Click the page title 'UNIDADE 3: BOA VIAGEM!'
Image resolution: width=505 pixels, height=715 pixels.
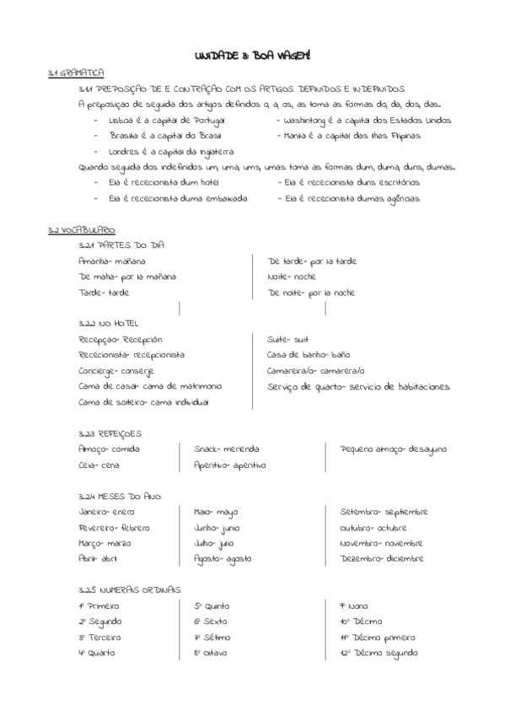pos(252,55)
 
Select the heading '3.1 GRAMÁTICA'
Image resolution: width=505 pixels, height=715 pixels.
pos(76,73)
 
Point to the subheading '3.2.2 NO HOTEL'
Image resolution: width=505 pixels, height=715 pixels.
pos(106,322)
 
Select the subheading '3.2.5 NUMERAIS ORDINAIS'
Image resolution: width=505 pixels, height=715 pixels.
pos(129,589)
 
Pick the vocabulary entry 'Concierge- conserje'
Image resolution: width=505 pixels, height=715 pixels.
pos(116,370)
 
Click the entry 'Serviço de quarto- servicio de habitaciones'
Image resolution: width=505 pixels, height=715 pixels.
pos(358,386)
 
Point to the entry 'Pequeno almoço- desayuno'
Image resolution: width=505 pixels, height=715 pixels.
pos(394,449)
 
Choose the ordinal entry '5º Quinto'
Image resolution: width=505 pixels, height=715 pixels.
pos(212,605)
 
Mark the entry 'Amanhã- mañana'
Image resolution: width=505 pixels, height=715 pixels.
pos(111,261)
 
